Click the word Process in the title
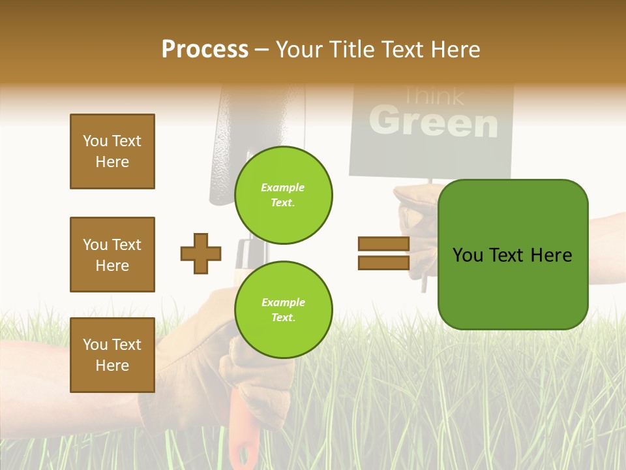click(205, 50)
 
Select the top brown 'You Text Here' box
click(112, 151)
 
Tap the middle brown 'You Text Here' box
click(112, 255)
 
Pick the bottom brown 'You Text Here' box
click(112, 354)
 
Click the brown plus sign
click(201, 253)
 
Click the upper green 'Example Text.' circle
click(283, 195)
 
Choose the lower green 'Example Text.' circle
click(283, 310)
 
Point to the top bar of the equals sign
click(383, 243)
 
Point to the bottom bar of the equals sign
click(383, 262)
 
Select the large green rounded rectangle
click(513, 287)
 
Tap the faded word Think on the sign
click(433, 96)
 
